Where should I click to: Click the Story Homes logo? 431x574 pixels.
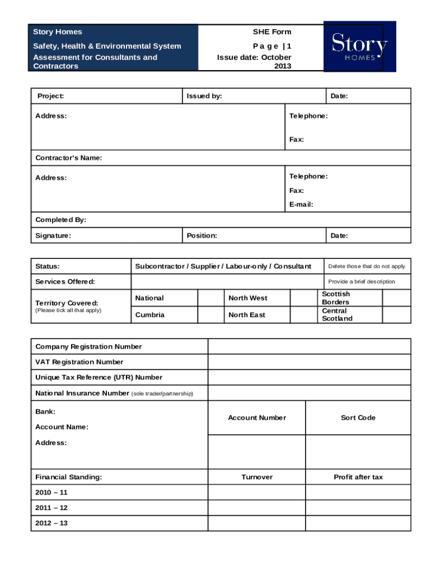(359, 47)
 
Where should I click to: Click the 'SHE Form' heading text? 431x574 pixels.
(272, 32)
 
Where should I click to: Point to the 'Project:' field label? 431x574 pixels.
(50, 96)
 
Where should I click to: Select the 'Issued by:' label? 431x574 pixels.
(204, 96)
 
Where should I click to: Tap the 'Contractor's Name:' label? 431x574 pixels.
(69, 158)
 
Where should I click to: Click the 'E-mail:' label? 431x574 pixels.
(301, 205)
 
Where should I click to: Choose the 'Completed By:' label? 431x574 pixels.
(60, 220)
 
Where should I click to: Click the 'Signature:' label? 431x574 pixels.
(53, 236)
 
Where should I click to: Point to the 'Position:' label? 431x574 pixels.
(202, 236)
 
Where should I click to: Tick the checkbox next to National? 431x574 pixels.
(211, 298)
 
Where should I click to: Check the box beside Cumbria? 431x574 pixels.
(211, 315)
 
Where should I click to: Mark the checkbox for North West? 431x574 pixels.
(304, 298)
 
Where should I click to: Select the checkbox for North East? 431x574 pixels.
(304, 315)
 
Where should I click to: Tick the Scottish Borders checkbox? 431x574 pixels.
(396, 298)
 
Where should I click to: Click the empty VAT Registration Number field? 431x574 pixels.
(309, 362)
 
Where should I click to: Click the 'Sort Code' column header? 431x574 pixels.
(358, 418)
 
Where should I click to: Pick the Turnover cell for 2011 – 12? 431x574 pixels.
(257, 508)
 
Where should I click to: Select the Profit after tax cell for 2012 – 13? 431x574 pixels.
(358, 524)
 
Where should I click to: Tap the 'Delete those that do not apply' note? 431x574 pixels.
(367, 267)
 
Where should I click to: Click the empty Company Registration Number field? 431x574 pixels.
(309, 346)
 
